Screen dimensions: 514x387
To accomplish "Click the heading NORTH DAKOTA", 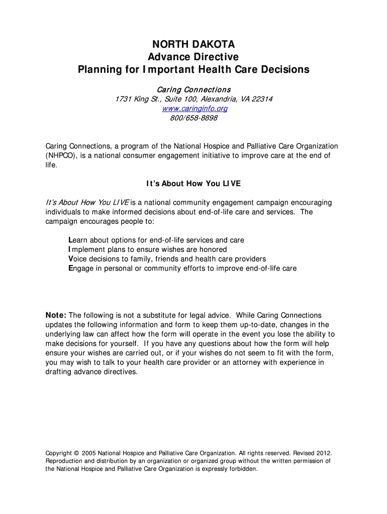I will pyautogui.click(x=193, y=45).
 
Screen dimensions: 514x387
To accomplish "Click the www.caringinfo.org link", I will pyautogui.click(x=193, y=108).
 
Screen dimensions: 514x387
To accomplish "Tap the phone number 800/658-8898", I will pyautogui.click(x=193, y=118).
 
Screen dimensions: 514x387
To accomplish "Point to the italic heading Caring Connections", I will pyautogui.click(x=193, y=89).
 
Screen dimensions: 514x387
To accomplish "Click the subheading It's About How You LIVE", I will pyautogui.click(x=193, y=184).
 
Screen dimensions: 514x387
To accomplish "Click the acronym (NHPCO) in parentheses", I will pyautogui.click(x=61, y=156).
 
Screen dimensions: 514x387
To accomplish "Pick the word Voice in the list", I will pyautogui.click(x=78, y=259).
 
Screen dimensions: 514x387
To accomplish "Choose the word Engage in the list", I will pyautogui.click(x=80, y=269).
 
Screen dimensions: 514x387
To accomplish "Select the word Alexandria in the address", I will pyautogui.click(x=218, y=99).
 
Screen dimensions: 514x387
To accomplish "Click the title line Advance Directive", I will pyautogui.click(x=193, y=57).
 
